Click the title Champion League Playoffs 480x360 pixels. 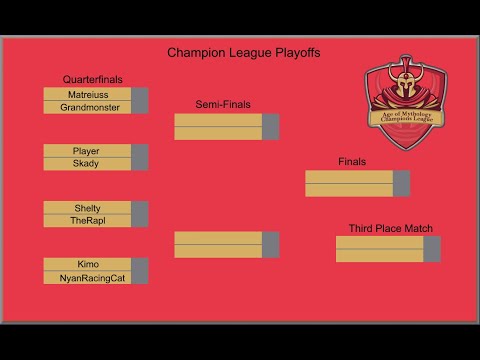tap(244, 53)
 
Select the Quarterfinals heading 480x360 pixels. tap(92, 79)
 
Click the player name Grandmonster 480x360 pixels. tap(88, 107)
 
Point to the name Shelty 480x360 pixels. tap(87, 208)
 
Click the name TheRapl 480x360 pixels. tap(87, 221)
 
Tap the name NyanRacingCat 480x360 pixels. tap(87, 278)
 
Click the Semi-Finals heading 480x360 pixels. tap(223, 104)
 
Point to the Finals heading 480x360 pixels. tap(352, 161)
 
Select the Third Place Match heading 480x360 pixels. tap(390, 229)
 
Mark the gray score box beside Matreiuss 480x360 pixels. tap(140, 94)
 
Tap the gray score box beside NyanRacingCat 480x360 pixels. tap(140, 278)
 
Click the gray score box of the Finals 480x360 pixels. tap(401, 183)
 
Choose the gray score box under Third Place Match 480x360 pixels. tap(432, 249)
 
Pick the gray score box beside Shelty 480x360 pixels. tap(140, 208)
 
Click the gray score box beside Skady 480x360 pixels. tap(140, 164)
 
